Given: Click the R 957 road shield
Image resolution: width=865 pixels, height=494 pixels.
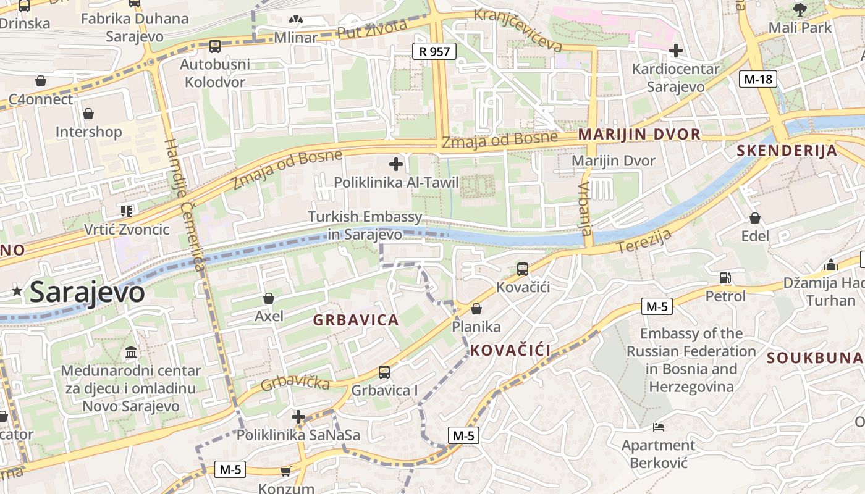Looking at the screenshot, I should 434,51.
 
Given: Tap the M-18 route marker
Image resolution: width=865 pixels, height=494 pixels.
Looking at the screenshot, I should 758,79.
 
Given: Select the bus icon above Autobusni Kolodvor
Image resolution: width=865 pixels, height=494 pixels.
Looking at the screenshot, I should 214,46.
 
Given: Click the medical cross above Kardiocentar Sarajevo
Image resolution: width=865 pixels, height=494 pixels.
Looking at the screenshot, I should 675,50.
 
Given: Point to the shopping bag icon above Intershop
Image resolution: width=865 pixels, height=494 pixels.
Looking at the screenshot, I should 88,114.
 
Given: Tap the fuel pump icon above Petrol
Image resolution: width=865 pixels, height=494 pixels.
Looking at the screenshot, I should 725,278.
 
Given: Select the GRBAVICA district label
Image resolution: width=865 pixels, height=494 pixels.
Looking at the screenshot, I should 356,320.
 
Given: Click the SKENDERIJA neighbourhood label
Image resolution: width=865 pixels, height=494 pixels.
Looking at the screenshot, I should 787,151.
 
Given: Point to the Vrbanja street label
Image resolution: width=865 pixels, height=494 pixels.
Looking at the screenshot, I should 585,208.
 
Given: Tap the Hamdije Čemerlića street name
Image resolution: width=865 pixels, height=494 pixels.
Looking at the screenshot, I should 184,204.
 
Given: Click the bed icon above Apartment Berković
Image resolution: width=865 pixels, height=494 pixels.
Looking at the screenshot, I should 659,427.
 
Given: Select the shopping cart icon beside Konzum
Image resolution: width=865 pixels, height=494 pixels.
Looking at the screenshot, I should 285,472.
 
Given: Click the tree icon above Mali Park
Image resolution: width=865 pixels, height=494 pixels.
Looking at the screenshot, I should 800,9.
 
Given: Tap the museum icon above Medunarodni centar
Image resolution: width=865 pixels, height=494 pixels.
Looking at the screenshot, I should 131,353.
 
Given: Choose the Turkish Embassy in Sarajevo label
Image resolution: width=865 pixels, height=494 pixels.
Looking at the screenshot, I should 365,225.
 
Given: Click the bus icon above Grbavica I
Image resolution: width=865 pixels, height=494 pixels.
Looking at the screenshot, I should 384,372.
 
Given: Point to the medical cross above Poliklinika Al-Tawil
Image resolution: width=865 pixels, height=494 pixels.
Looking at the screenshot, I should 396,164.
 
